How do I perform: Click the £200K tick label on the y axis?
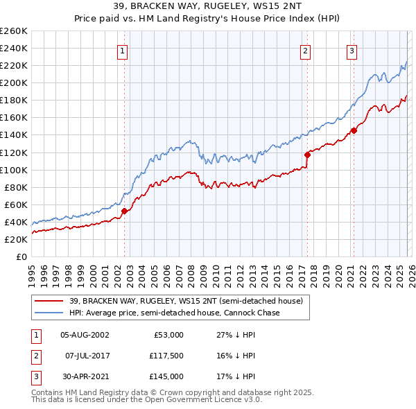(13, 82)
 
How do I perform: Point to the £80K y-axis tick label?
(15, 187)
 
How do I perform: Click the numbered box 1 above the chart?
(123, 50)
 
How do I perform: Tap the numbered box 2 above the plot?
(305, 50)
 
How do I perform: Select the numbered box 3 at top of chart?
(352, 50)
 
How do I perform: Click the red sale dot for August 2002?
(124, 211)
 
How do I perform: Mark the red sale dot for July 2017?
(306, 155)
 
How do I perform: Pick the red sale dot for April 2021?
(354, 130)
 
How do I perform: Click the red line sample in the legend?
(49, 302)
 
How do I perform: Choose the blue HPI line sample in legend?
(49, 313)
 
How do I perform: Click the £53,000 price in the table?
(167, 335)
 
